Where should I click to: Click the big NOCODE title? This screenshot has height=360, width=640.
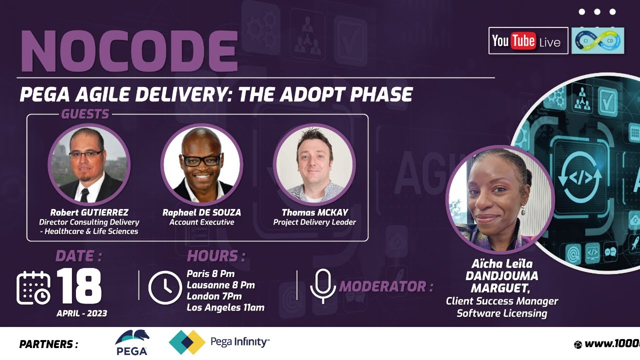click(x=128, y=51)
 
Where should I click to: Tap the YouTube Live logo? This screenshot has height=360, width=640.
click(x=528, y=41)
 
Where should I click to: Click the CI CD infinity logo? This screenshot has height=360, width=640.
click(x=598, y=40)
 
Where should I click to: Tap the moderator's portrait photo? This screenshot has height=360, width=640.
click(x=500, y=200)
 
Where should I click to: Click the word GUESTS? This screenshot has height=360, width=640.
click(x=85, y=114)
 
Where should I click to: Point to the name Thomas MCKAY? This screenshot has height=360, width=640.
click(x=314, y=212)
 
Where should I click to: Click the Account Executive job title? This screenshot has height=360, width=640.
click(x=201, y=222)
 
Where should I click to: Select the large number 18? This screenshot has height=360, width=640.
click(x=79, y=286)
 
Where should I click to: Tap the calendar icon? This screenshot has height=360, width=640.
click(x=33, y=287)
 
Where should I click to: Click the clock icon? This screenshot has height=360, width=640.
click(x=165, y=287)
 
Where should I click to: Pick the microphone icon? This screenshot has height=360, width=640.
click(x=322, y=286)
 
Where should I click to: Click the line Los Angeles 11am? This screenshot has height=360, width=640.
click(x=225, y=307)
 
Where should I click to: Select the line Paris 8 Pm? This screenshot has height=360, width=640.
click(x=210, y=274)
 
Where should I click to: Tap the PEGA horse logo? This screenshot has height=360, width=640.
click(x=131, y=342)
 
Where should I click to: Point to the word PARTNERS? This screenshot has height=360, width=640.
click(x=48, y=344)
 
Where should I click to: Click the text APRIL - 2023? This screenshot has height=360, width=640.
click(x=81, y=313)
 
